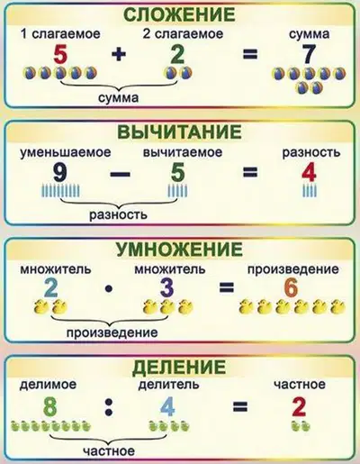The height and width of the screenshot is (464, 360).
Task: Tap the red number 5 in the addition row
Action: click(61, 55)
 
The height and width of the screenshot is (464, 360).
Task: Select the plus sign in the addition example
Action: click(119, 55)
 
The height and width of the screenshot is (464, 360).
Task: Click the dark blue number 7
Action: click(309, 55)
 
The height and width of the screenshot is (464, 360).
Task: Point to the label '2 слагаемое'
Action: click(183, 33)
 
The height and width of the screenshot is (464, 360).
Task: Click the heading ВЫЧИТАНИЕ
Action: click(179, 132)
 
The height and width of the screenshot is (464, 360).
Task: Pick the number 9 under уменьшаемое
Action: click(58, 174)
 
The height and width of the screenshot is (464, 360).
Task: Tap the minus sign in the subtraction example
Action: click(120, 174)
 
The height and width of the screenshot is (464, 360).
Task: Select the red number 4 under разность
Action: click(309, 174)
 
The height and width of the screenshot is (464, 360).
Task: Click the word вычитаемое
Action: click(183, 152)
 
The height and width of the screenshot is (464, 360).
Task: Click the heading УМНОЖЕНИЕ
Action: click(179, 249)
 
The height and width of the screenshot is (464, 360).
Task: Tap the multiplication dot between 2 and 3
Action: click(109, 289)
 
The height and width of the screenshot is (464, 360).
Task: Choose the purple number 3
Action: click(166, 288)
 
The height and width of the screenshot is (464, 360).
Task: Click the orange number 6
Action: click(291, 288)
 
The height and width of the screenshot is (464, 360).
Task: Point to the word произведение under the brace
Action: click(112, 332)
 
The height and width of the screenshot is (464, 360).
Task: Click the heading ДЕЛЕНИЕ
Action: click(179, 366)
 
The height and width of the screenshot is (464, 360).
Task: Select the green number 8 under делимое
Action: click(49, 407)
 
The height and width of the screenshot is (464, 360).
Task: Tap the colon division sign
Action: click(108, 407)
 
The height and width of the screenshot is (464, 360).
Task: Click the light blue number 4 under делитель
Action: click(167, 407)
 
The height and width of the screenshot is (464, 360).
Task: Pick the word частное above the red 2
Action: click(300, 384)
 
